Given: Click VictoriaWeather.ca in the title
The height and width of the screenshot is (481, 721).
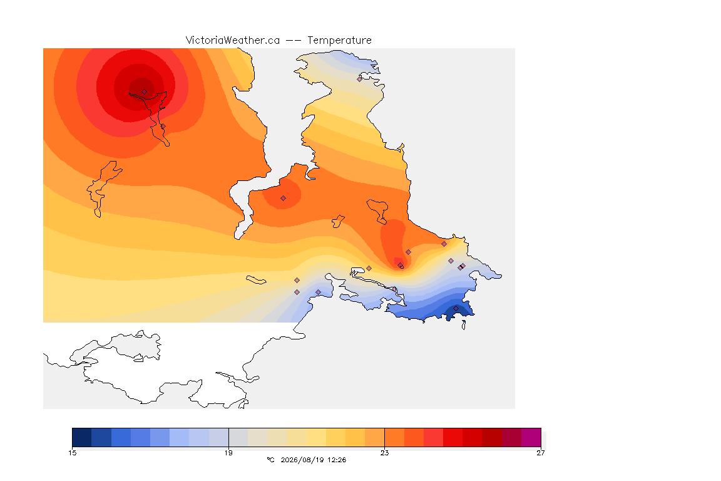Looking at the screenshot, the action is coord(233,41).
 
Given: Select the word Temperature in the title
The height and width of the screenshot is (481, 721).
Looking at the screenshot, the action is coord(339,41).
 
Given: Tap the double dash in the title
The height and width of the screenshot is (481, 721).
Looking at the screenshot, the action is coord(294,41).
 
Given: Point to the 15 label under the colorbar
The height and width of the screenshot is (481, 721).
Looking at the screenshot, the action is coord(72,453).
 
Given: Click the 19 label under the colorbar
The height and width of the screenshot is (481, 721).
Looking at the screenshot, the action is coord(228,453).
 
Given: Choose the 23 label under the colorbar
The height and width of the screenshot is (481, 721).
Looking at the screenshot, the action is coord(384,453).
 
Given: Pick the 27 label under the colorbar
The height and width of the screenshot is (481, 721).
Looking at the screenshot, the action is coord(541,453).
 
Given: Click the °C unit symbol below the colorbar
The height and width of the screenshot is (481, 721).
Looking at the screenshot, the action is coord(271,460).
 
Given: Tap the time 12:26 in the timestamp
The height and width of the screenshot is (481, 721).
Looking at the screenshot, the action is coord(337,460).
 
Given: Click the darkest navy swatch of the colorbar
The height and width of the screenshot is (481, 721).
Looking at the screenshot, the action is coord(82,437).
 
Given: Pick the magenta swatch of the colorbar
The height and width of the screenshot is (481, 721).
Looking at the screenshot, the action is coord(531,437).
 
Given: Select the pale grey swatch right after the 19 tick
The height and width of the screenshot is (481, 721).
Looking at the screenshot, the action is coord(238,437).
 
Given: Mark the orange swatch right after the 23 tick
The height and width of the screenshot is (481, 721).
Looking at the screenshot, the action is coord(394,437).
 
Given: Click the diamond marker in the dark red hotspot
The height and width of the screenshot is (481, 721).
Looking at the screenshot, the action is coord(145,92).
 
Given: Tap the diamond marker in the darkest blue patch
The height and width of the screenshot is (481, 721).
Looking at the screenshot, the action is coord(456,308).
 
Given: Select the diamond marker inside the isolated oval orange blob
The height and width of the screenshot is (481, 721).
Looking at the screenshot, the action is coord(284,199).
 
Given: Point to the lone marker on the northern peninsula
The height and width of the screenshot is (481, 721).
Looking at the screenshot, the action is coord(360,79).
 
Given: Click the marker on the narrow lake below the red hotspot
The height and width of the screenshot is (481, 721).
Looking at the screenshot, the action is coord(163,127).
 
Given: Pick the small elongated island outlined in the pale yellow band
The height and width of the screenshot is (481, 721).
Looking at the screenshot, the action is coord(256,280).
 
